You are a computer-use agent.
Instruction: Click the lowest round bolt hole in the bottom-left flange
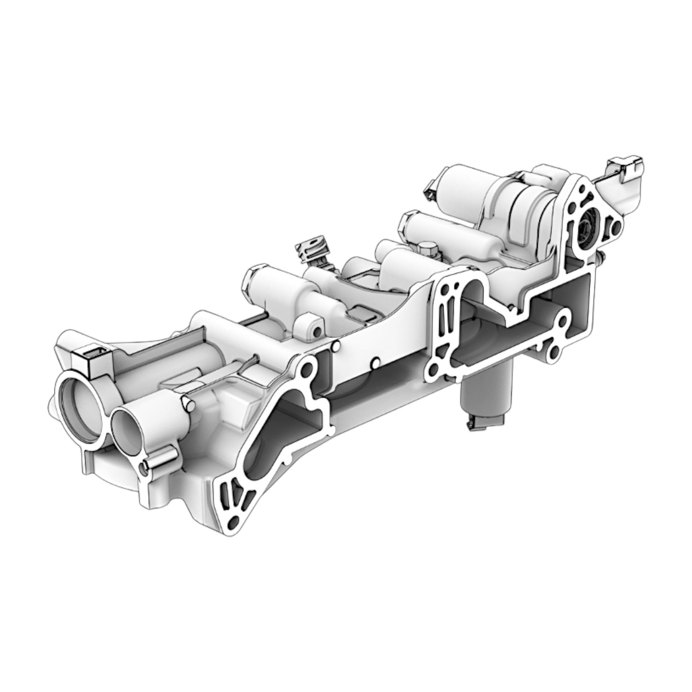(x=233, y=521)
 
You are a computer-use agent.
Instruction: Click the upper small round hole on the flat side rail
(x=339, y=343)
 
